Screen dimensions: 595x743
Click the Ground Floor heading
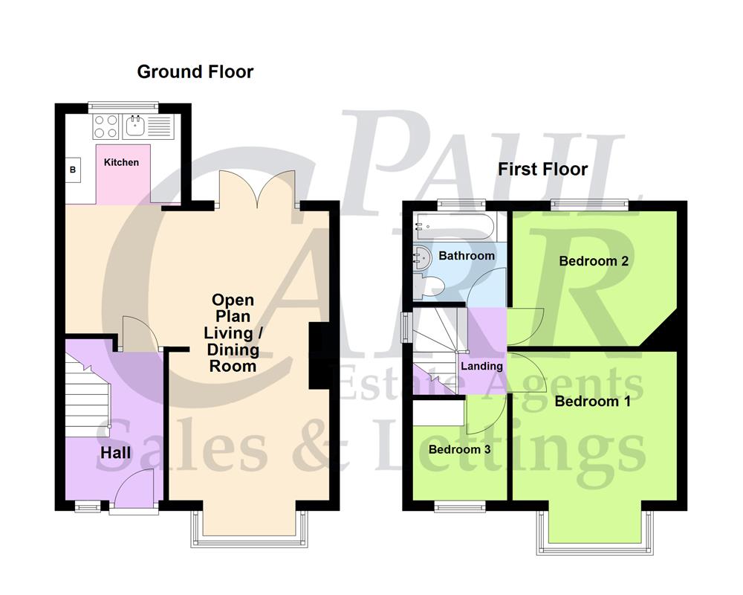pyautogui.click(x=195, y=72)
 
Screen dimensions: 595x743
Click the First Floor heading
pyautogui.click(x=542, y=170)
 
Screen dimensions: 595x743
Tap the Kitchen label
pyautogui.click(x=121, y=162)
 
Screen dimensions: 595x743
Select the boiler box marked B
pyautogui.click(x=73, y=170)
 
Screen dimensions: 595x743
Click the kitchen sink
pyautogui.click(x=135, y=126)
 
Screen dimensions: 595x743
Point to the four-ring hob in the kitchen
pyautogui.click(x=106, y=126)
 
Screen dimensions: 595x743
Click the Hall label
pyautogui.click(x=115, y=452)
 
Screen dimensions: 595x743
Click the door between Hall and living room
pyautogui.click(x=141, y=333)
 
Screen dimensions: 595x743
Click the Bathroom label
pyautogui.click(x=466, y=256)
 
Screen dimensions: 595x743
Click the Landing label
pyautogui.click(x=481, y=366)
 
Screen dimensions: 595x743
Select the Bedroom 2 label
pyautogui.click(x=588, y=261)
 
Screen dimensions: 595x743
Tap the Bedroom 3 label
pyautogui.click(x=458, y=450)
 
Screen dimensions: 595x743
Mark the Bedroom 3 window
pyautogui.click(x=460, y=507)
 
